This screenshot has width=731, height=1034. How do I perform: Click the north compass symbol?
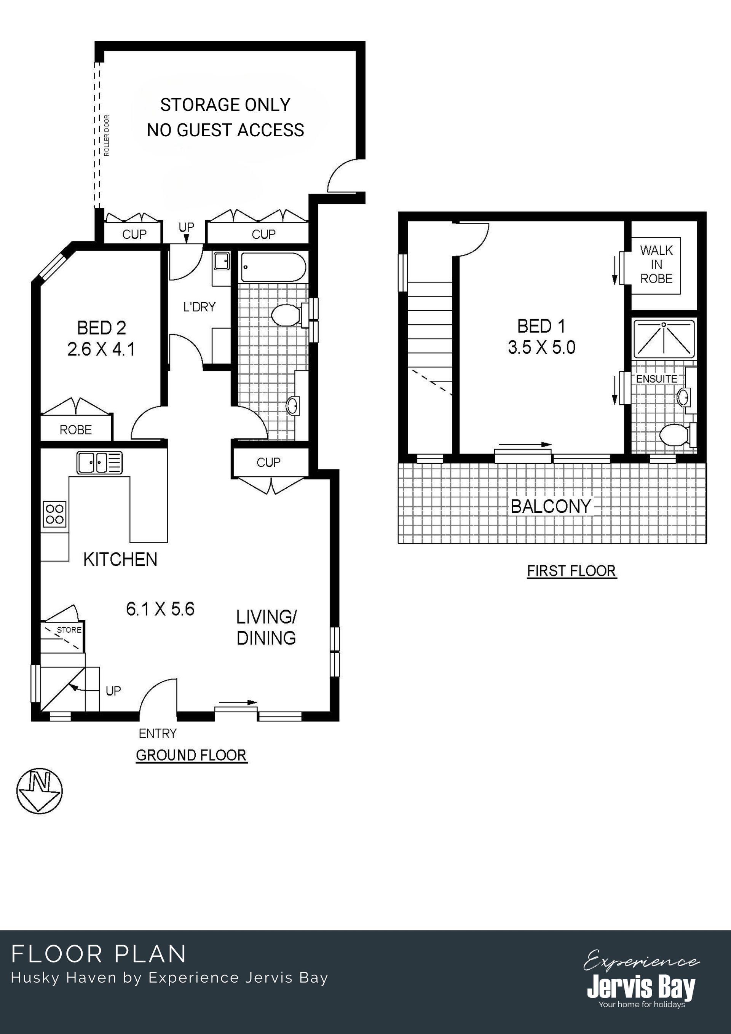click(40, 791)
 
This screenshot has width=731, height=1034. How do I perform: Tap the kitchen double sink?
click(99, 463)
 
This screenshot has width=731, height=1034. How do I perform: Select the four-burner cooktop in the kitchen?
click(55, 514)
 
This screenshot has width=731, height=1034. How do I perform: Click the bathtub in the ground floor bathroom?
click(273, 268)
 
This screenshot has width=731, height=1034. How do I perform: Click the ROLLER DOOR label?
click(107, 136)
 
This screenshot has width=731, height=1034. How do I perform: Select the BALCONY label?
click(551, 507)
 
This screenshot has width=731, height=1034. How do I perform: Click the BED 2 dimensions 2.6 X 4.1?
click(101, 349)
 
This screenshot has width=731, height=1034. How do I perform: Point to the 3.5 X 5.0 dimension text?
click(542, 348)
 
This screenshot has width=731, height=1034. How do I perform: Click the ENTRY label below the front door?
click(158, 734)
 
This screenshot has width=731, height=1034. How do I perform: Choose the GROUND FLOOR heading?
click(192, 755)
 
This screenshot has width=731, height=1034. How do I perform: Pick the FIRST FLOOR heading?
click(571, 571)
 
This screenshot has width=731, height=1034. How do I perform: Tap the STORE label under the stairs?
click(69, 630)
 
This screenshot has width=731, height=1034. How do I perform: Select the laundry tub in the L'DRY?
click(221, 261)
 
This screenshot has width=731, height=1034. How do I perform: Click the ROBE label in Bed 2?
click(76, 430)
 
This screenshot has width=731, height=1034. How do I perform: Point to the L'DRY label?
click(200, 307)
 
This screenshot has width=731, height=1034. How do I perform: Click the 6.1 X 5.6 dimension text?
click(160, 609)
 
